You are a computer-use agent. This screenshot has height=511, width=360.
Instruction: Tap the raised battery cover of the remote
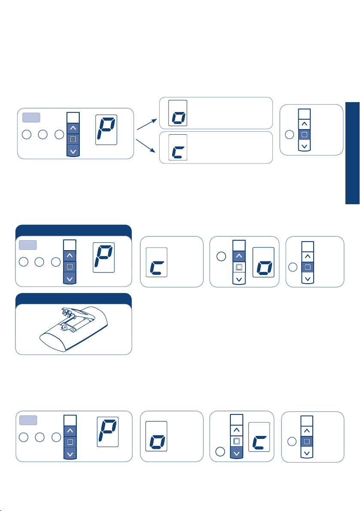click(75, 314)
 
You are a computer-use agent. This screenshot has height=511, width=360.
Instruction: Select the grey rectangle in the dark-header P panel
click(28, 245)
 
